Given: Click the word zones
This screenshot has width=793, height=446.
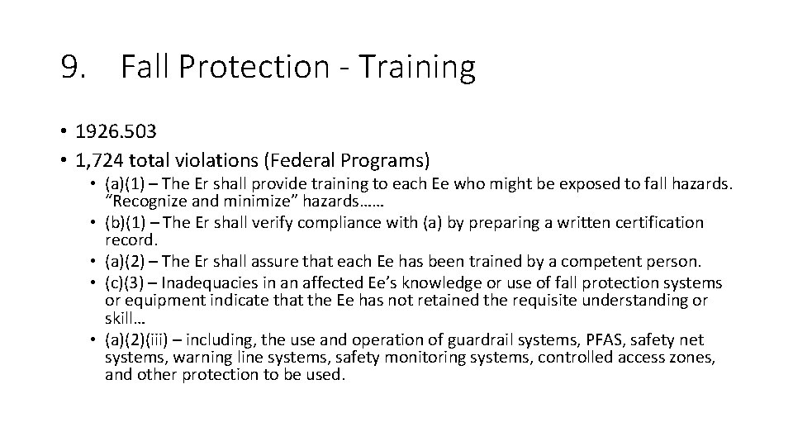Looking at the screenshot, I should pyautogui.click(x=693, y=357).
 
